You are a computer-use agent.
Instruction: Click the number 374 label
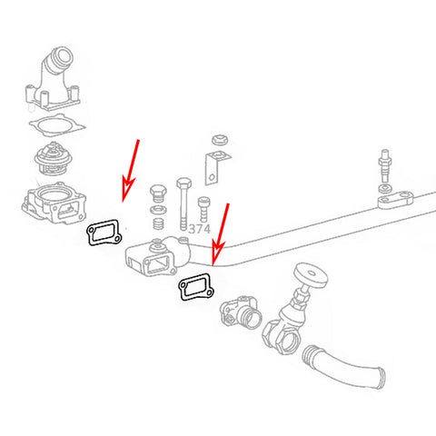(200, 230)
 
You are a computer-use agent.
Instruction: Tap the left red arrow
(131, 169)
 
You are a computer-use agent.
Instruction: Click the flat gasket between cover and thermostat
(54, 124)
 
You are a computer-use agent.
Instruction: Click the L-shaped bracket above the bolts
(213, 167)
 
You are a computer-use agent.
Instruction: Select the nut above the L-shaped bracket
(218, 141)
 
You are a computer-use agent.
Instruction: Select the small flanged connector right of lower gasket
(244, 311)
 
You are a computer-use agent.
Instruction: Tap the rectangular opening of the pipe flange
(154, 263)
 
